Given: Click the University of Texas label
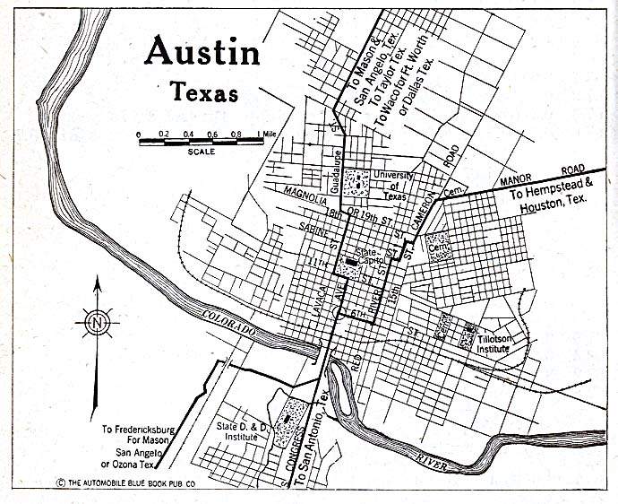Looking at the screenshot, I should click(390, 186).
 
